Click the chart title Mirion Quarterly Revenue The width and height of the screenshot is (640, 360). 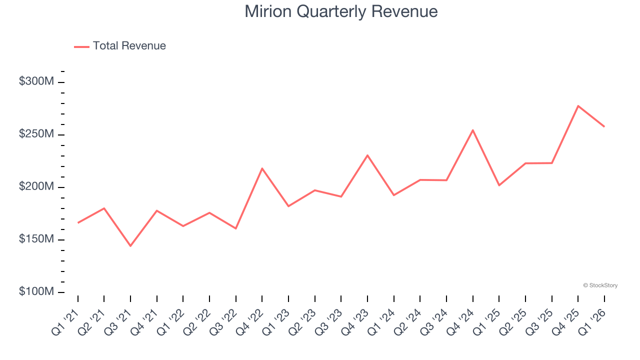(341, 11)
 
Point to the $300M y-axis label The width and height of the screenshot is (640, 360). (36, 81)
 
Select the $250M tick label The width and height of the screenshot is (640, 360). (36, 134)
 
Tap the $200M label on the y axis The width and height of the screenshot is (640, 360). (36, 186)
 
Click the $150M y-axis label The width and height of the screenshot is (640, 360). (36, 239)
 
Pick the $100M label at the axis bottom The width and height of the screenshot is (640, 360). (36, 291)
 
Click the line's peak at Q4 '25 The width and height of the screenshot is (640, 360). (578, 106)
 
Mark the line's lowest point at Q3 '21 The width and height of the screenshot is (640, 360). (130, 246)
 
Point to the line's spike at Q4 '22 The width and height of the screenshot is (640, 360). (262, 168)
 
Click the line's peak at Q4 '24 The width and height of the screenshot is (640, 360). (472, 130)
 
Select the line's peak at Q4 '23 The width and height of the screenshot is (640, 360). (367, 155)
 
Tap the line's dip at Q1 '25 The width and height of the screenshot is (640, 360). (499, 185)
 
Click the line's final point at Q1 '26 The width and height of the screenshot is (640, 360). (604, 126)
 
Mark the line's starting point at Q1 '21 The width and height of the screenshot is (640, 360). (78, 223)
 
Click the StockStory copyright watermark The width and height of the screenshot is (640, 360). (600, 285)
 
